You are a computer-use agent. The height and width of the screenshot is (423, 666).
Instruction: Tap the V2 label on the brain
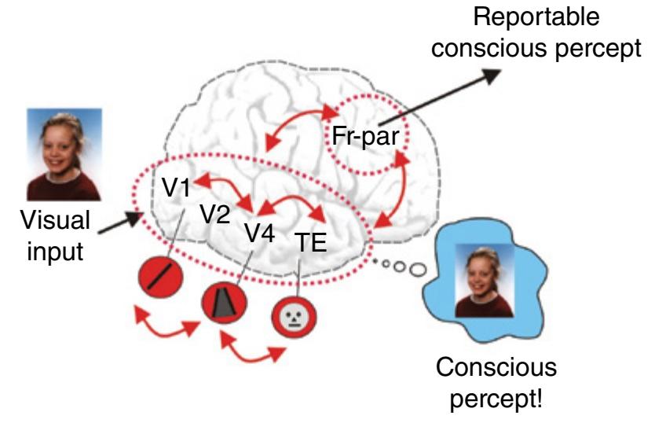(214, 214)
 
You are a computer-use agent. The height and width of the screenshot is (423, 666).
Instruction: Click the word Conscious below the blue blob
(507, 367)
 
